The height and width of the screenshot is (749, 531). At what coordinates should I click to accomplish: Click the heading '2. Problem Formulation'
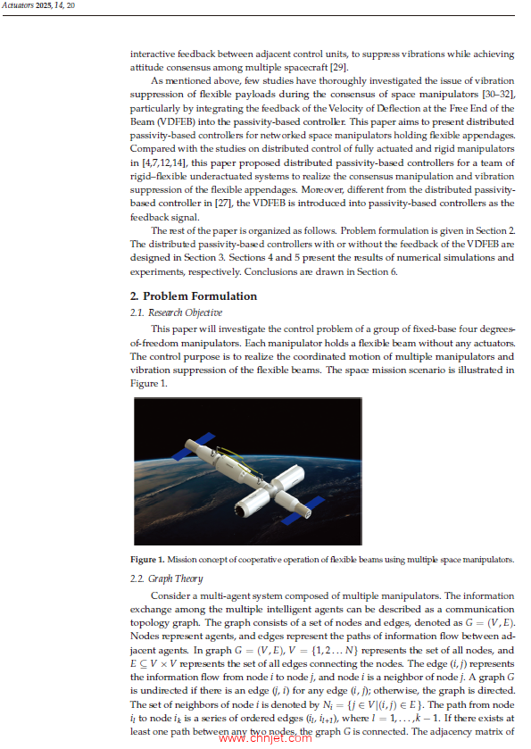coord(193,296)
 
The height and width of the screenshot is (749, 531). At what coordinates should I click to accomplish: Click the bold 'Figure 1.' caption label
coord(147,559)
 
